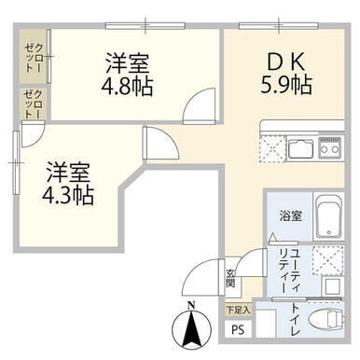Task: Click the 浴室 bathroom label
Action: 291,215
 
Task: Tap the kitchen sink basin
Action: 300,148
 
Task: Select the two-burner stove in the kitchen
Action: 331,148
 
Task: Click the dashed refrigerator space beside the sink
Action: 270,148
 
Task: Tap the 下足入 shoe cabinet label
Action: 237,308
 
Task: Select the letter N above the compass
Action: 189,305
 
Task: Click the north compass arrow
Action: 190,330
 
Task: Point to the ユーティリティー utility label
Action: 289,270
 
